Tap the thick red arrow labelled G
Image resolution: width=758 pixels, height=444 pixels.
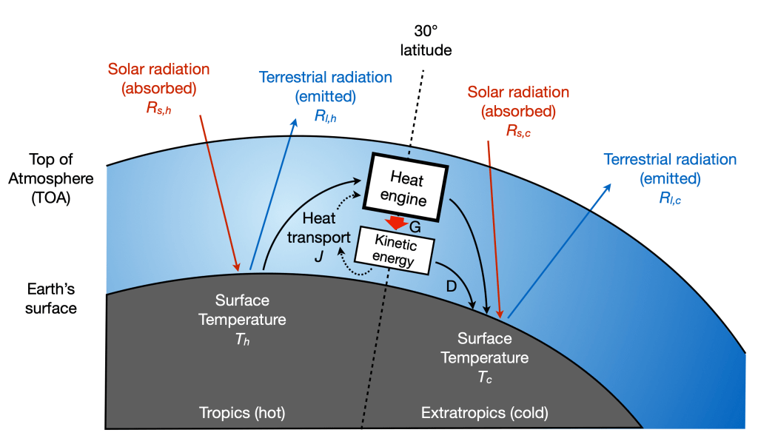397,222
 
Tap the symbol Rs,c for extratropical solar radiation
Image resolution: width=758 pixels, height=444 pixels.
519,132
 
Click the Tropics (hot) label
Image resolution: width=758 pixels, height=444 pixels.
241,411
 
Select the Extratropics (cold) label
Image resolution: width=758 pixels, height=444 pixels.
485,411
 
